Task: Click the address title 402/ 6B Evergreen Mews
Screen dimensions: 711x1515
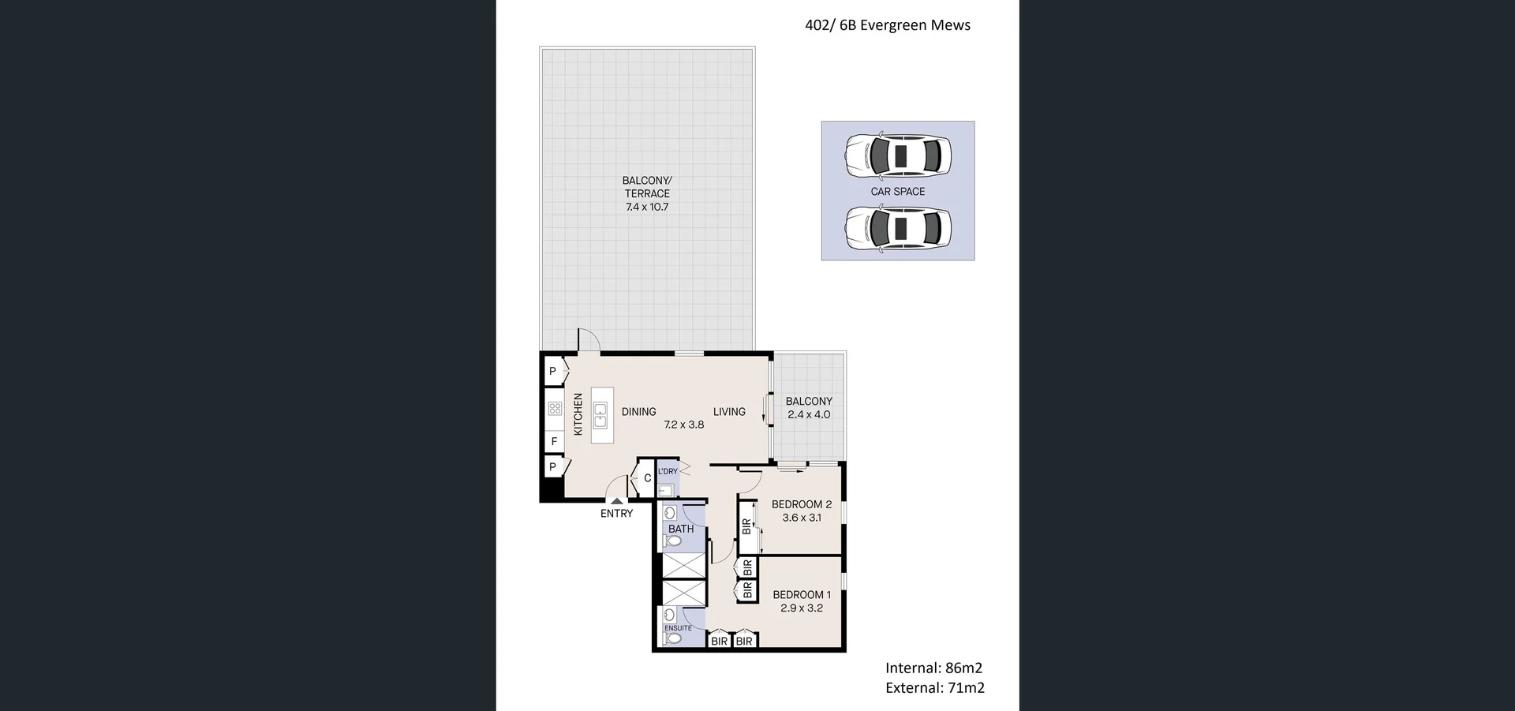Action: click(x=887, y=25)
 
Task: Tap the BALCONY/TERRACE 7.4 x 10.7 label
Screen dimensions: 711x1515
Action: click(x=647, y=194)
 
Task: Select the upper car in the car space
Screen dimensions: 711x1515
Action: click(x=898, y=155)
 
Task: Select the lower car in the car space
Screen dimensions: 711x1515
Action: click(x=898, y=229)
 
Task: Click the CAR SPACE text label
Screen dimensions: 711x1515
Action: click(x=898, y=192)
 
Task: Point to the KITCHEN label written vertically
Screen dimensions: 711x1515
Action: click(x=578, y=414)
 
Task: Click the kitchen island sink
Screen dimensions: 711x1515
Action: click(x=600, y=415)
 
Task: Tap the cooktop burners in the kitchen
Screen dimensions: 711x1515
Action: click(x=555, y=409)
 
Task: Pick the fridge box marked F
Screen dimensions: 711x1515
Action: click(x=554, y=442)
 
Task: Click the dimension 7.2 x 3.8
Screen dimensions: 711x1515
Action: click(x=683, y=425)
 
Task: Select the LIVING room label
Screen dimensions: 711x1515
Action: click(x=729, y=411)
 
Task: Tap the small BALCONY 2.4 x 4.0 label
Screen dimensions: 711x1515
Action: click(x=809, y=408)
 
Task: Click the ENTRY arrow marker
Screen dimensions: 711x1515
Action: click(x=616, y=500)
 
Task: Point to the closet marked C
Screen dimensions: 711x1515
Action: click(x=647, y=478)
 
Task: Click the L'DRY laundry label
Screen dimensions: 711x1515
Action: click(x=668, y=471)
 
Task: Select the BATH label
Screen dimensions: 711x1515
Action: click(x=681, y=529)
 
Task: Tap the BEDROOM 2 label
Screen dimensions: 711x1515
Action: click(x=802, y=504)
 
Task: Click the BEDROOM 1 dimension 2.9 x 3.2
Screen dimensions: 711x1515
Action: click(x=802, y=608)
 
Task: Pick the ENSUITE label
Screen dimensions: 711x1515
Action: click(x=678, y=628)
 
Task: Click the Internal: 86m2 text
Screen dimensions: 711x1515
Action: click(x=933, y=668)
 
